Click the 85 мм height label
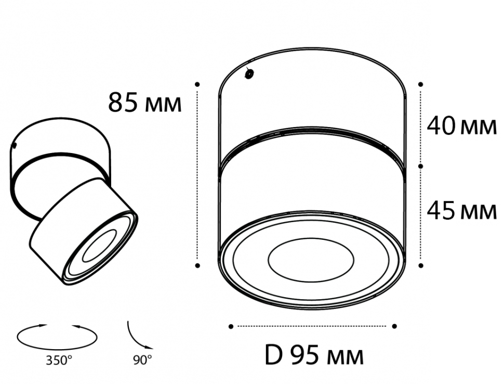145,103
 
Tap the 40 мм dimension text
461,126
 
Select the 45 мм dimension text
461,210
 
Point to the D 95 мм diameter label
314,356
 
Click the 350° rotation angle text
58,360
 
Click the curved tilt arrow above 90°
138,336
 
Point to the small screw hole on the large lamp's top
249,75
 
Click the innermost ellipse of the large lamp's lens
311,257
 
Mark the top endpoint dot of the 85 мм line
197,84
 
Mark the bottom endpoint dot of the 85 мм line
197,265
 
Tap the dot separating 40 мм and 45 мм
421,166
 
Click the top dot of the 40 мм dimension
421,84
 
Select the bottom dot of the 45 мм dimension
421,265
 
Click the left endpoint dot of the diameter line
231,326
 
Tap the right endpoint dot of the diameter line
394,326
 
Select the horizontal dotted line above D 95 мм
312,326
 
